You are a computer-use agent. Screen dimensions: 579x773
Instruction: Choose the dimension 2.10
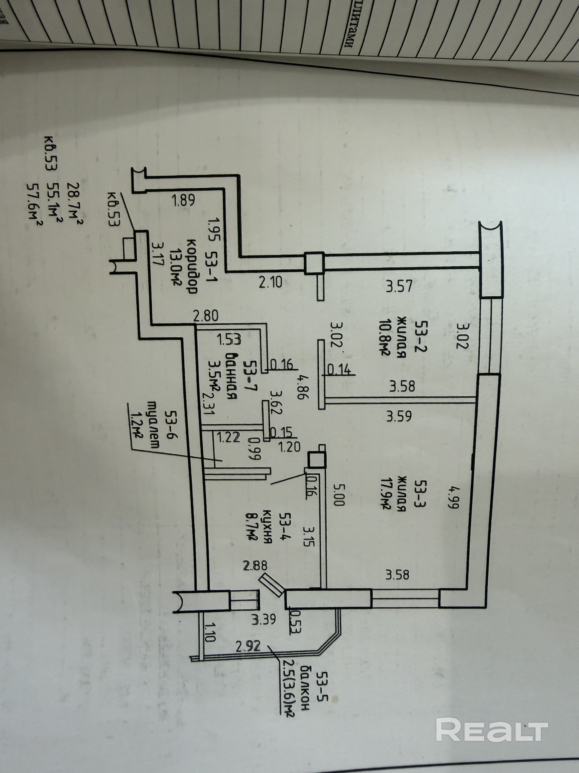271,282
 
